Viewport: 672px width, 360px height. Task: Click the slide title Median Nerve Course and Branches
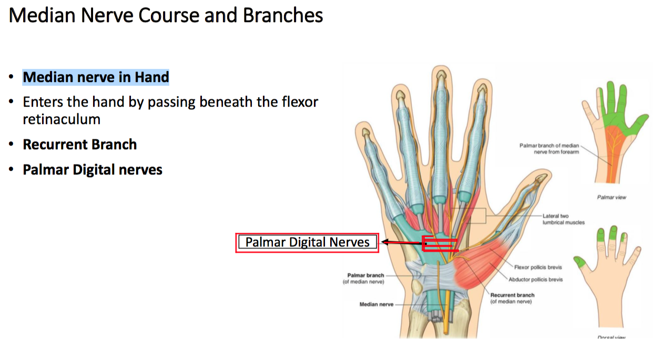(166, 16)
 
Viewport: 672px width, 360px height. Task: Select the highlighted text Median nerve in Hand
(96, 77)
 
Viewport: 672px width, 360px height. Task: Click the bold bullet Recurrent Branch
(79, 145)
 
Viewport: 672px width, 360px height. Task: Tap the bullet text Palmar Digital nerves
(92, 170)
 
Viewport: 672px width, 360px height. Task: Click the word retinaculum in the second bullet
(61, 119)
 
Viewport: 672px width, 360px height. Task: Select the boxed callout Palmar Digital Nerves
(307, 242)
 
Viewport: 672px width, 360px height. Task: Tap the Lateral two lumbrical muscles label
(563, 219)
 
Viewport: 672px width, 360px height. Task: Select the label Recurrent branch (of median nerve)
(512, 298)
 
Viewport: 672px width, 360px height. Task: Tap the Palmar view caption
(612, 198)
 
